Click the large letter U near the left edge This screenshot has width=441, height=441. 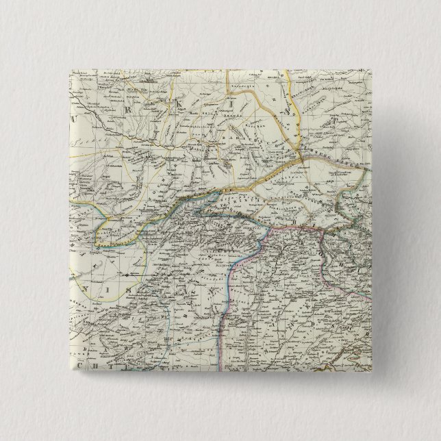coord(75,118)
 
